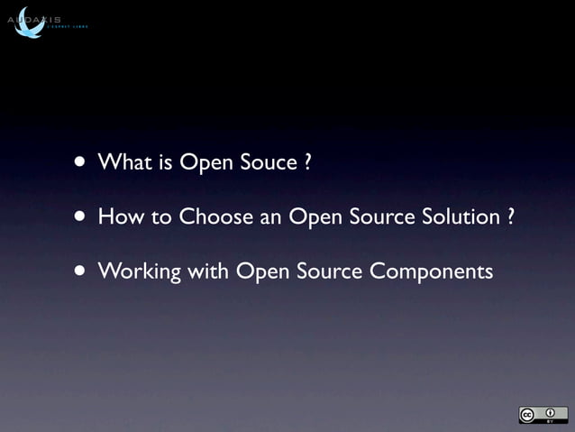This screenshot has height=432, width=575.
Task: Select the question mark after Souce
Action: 307,162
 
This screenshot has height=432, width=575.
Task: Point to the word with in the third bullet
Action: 208,271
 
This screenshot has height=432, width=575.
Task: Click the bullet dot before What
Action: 82,163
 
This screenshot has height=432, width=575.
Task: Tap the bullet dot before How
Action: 82,217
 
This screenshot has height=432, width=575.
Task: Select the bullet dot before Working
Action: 82,271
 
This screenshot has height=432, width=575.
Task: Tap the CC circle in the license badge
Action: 529,415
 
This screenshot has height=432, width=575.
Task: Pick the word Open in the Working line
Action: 260,271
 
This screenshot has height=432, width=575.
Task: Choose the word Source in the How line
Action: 371,217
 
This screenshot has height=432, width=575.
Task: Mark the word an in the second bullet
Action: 271,218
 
